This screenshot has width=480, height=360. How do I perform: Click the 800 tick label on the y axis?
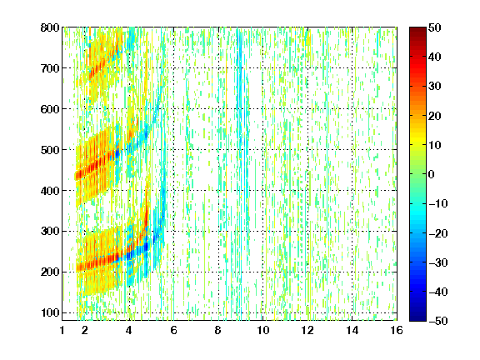50,27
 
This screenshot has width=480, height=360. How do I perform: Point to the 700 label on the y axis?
50,68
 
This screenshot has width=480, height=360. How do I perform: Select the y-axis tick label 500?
50,150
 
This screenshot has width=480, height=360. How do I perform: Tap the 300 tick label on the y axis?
50,232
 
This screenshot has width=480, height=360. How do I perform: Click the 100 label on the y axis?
50,312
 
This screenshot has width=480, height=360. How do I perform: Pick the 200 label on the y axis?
50,272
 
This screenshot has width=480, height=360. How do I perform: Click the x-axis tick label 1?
62,330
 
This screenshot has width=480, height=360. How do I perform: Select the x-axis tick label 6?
173,330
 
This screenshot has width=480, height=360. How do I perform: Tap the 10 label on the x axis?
263,330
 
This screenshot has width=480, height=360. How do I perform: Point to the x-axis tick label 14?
352,330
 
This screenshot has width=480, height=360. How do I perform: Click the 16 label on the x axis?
397,330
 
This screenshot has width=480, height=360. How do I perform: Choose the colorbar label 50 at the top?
435,27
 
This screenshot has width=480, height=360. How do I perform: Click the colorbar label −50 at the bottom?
438,321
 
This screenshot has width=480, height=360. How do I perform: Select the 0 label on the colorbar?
432,174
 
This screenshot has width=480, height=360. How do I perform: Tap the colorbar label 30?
435,87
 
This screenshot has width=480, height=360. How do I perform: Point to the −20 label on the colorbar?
438,233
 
